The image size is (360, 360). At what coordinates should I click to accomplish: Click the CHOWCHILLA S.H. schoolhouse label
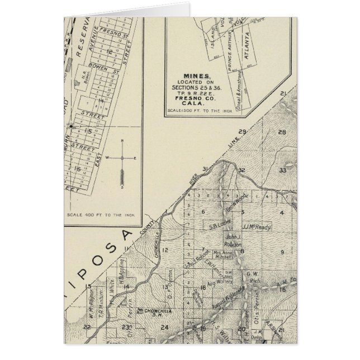pos(158,310)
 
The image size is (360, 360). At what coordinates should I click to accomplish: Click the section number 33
pos(283,170)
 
